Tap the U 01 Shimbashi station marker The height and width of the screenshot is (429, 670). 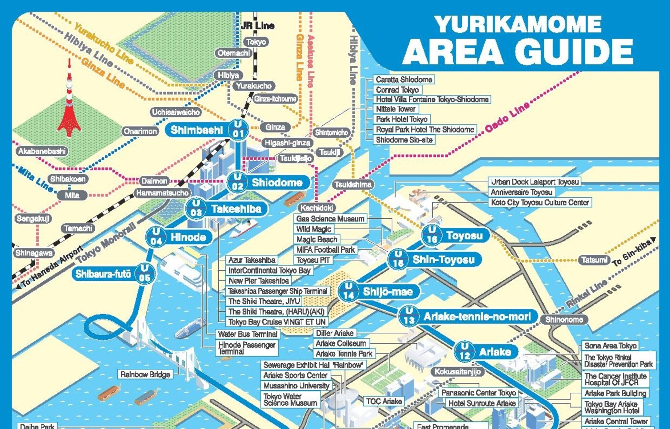click(237, 129)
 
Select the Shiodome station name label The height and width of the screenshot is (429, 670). click(277, 183)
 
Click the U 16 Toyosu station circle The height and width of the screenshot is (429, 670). click(431, 235)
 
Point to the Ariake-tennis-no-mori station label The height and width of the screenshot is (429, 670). click(477, 317)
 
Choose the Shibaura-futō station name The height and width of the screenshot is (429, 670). click(103, 274)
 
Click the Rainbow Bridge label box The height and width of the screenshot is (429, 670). click(145, 375)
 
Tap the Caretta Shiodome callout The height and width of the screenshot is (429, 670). click(404, 80)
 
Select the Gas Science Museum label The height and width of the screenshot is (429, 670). click(330, 219)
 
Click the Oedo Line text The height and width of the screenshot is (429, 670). click(507, 118)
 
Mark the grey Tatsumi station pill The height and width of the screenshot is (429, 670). click(594, 260)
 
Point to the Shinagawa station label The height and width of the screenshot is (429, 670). click(34, 253)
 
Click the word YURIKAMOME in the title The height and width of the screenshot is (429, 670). click(518, 24)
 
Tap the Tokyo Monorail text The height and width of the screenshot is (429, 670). click(106, 243)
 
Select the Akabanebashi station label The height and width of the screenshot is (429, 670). click(42, 151)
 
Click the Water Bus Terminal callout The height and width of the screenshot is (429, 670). click(247, 334)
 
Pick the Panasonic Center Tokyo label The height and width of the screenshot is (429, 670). click(478, 393)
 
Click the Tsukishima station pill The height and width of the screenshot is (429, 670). click(353, 184)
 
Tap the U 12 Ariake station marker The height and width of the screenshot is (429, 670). click(464, 352)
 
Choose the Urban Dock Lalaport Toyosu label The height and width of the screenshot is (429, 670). click(535, 182)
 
